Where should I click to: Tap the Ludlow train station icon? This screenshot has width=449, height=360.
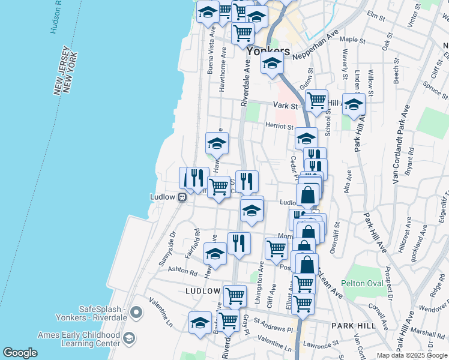[181, 197]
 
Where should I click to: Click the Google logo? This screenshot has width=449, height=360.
[20, 353]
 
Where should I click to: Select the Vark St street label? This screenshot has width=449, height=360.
[285, 106]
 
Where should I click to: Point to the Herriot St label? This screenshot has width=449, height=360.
[280, 126]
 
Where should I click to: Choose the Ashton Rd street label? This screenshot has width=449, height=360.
[182, 271]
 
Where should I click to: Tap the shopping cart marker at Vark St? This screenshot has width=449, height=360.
[316, 100]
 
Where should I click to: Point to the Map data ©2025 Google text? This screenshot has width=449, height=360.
[411, 355]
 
